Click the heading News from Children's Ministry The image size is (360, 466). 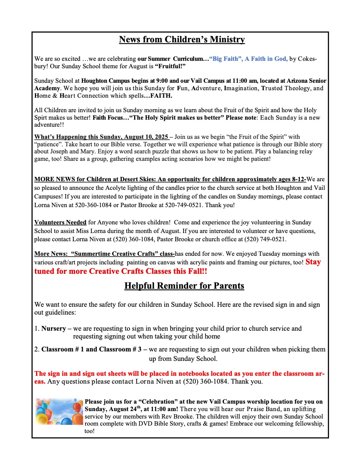tap(182, 40)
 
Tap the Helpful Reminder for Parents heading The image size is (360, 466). tap(184, 286)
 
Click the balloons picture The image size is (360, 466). tap(59, 411)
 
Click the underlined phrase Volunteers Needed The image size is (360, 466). tap(60, 222)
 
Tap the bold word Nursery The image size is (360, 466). tap(56, 328)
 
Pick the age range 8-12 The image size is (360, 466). tap(298, 179)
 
